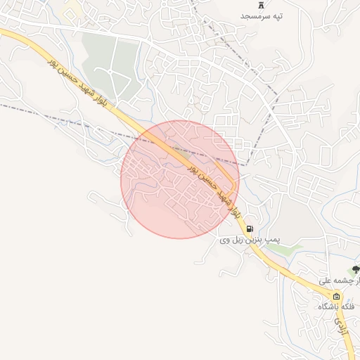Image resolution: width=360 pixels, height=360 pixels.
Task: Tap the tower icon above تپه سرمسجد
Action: (x=261, y=4)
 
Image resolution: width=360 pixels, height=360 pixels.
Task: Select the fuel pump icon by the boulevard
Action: (x=250, y=229)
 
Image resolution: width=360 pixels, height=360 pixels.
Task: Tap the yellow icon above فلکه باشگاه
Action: (x=336, y=296)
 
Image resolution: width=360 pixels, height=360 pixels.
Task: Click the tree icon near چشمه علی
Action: (x=356, y=269)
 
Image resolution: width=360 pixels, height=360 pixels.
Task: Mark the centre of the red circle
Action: (x=179, y=179)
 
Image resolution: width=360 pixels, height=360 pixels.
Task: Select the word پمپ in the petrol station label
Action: (x=271, y=240)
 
